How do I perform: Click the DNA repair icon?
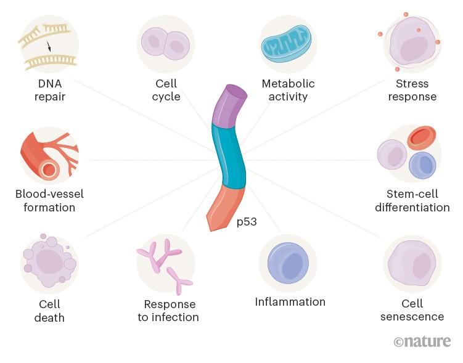point(49,44)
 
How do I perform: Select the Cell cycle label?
point(166,90)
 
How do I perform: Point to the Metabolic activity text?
point(288,90)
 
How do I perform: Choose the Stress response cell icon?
point(412,44)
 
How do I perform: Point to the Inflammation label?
point(290,302)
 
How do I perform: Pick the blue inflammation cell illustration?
point(288,263)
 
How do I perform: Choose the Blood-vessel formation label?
point(49,201)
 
